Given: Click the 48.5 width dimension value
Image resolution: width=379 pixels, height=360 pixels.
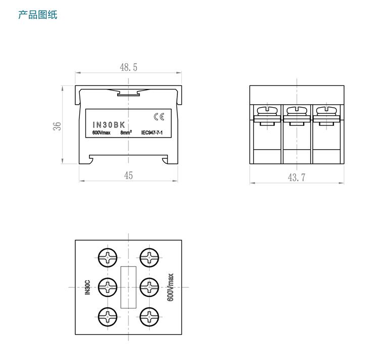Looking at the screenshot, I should pyautogui.click(x=128, y=67).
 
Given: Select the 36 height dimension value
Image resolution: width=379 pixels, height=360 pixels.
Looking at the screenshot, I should pyautogui.click(x=58, y=125).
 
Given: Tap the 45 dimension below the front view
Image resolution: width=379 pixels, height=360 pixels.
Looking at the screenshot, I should pyautogui.click(x=128, y=175).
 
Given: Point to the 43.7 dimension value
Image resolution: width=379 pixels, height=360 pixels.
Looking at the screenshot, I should pyautogui.click(x=297, y=177).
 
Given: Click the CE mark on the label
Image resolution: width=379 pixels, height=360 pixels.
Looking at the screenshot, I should pyautogui.click(x=159, y=117).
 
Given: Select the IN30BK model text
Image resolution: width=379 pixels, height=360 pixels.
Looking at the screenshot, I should pyautogui.click(x=108, y=124).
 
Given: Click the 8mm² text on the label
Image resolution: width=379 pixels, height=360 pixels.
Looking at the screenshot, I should pyautogui.click(x=126, y=133).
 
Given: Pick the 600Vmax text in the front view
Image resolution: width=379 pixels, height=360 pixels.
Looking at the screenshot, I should pyautogui.click(x=101, y=133).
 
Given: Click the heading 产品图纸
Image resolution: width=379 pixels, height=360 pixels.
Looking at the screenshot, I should pyautogui.click(x=38, y=14).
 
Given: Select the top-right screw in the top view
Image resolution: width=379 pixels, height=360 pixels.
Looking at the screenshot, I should pyautogui.click(x=150, y=257).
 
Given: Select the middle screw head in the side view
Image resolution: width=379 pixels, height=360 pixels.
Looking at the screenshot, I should pyautogui.click(x=297, y=110).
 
